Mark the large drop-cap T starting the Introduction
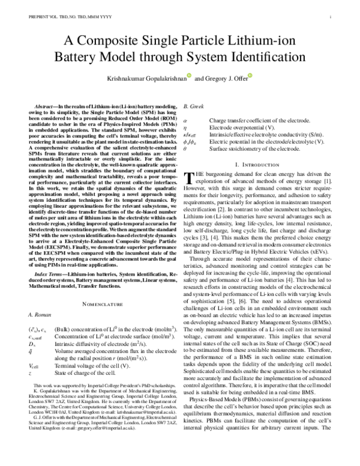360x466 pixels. (190, 178)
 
